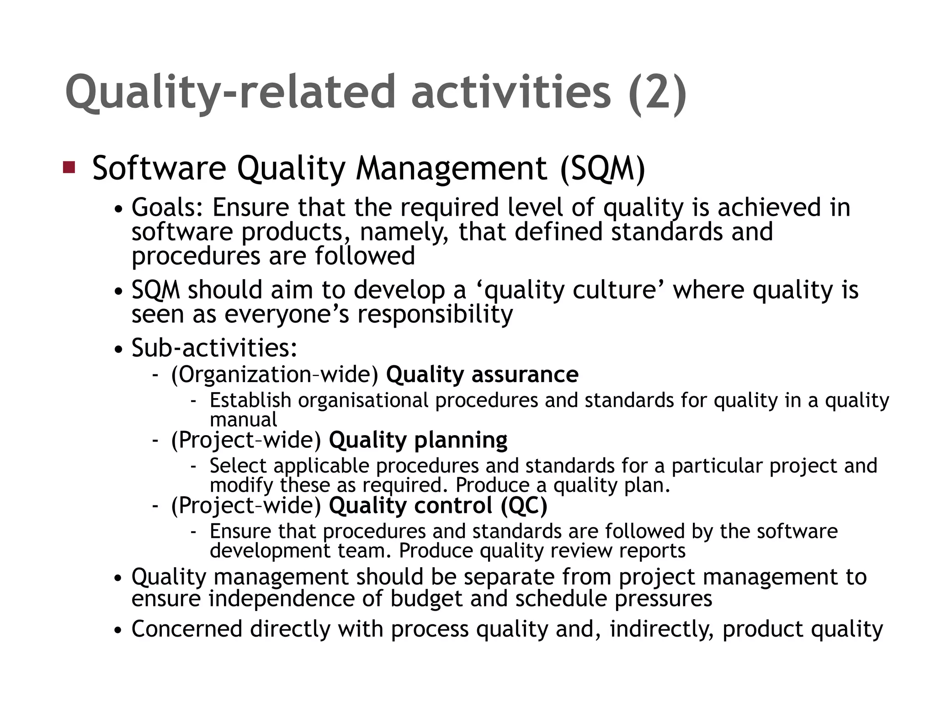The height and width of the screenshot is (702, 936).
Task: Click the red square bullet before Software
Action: pyautogui.click(x=69, y=167)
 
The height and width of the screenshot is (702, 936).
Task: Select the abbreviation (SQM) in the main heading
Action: pyautogui.click(x=602, y=168)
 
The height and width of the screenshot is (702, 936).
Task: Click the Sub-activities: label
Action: pyautogui.click(x=214, y=348)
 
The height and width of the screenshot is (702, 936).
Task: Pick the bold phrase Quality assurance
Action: pyautogui.click(x=482, y=374)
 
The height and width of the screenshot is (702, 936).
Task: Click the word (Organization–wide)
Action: pyautogui.click(x=275, y=375)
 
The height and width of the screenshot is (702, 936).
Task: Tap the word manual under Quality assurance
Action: pyautogui.click(x=243, y=419)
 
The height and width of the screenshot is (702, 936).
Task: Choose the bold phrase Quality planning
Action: pyautogui.click(x=418, y=440)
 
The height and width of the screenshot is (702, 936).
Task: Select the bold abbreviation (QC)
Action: pyautogui.click(x=524, y=505)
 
